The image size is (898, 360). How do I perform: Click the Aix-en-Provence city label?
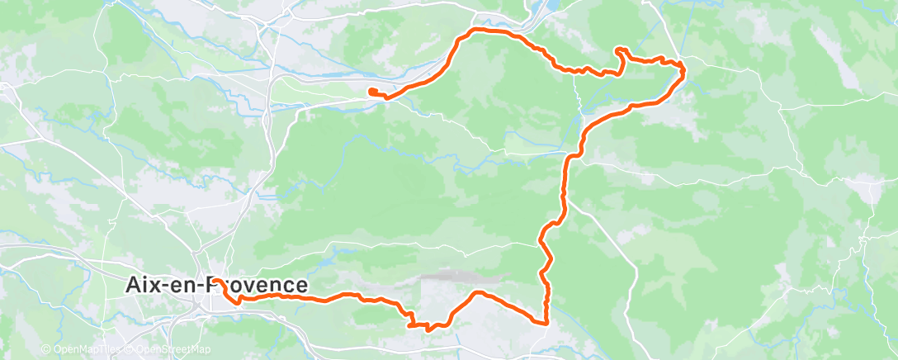click(x=216, y=285)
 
